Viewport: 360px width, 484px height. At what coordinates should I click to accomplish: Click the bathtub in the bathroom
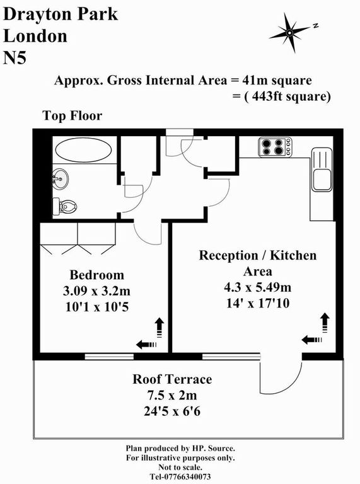[83, 150]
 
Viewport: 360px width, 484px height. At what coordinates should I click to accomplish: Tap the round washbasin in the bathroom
[60, 178]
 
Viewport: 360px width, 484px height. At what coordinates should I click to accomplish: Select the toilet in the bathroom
[64, 205]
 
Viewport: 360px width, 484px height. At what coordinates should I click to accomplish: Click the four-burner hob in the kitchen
[275, 147]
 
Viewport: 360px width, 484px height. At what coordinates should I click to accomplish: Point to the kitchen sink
[322, 170]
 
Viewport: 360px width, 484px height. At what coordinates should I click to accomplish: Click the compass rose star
[289, 32]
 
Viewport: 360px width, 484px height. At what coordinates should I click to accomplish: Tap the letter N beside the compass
[315, 26]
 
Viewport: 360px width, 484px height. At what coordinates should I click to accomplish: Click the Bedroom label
[96, 275]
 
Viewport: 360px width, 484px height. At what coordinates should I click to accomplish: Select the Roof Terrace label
[172, 379]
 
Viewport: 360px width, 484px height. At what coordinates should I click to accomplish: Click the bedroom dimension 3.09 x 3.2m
[96, 291]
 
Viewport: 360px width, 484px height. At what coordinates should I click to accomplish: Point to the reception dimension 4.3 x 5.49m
[257, 287]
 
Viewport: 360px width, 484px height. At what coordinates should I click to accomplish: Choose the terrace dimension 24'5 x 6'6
[172, 411]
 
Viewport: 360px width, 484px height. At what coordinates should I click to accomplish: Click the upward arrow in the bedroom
[160, 328]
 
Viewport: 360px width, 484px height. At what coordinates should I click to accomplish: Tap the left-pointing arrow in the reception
[312, 340]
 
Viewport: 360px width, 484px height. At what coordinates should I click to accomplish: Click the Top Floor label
[73, 116]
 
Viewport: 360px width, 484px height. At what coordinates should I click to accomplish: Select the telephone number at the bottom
[180, 476]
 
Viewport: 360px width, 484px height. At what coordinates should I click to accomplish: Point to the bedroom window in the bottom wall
[109, 357]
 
